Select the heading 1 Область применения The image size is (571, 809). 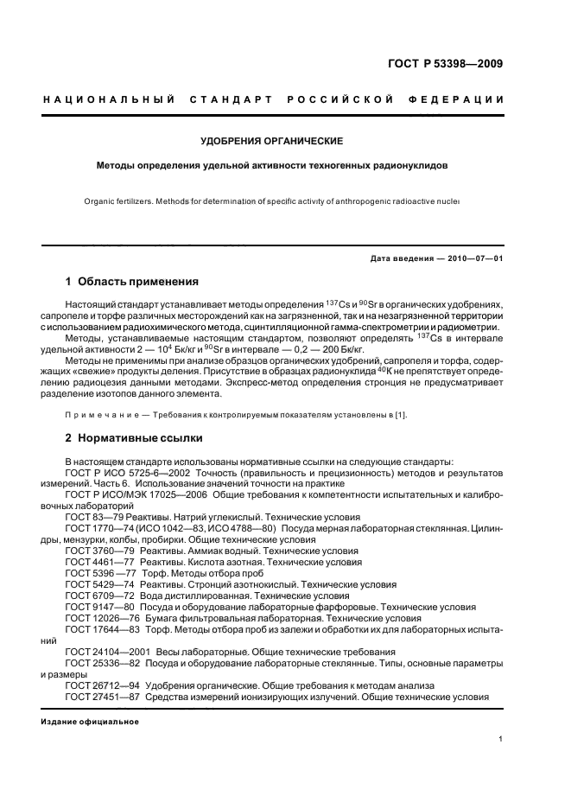point(133,282)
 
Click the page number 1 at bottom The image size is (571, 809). point(501,738)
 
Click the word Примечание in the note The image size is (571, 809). point(102,415)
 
